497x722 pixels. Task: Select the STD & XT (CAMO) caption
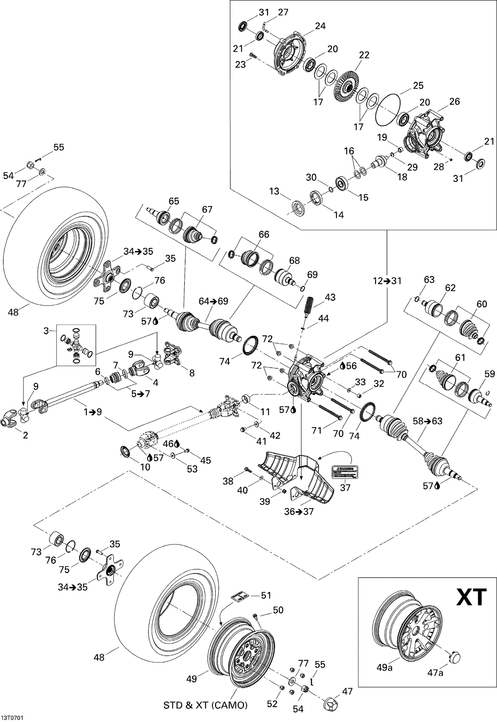[205, 705]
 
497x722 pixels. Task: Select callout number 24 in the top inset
[320, 26]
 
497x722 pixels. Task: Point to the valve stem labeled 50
[255, 615]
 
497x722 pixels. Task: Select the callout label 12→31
[387, 281]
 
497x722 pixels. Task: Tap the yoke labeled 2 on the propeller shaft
[9, 422]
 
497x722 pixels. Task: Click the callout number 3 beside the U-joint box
[46, 331]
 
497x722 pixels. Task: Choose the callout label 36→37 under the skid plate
[299, 512]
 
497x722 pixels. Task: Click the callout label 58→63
[427, 421]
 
